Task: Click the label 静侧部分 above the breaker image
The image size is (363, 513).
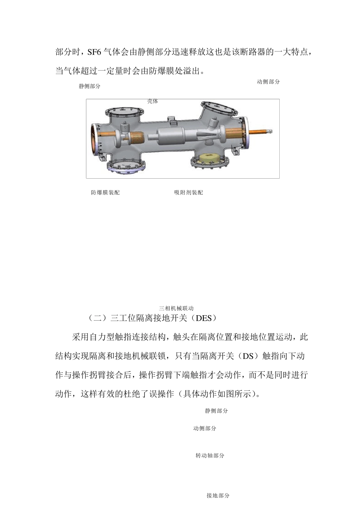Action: pos(90,86)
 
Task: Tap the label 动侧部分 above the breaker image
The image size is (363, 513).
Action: pos(268,82)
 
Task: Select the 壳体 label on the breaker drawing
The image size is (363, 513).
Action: pos(153,101)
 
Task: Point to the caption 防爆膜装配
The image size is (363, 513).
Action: pos(105,193)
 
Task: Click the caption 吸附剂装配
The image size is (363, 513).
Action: pos(188,193)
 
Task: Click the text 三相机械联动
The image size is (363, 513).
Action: pos(177,308)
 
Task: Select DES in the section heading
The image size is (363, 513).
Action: pos(203,318)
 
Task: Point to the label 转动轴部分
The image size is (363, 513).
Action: pos(210,456)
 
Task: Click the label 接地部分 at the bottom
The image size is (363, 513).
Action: pos(218,496)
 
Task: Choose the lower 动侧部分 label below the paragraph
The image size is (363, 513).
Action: pos(205,429)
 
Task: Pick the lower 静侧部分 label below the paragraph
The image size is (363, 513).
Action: pos(217,411)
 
